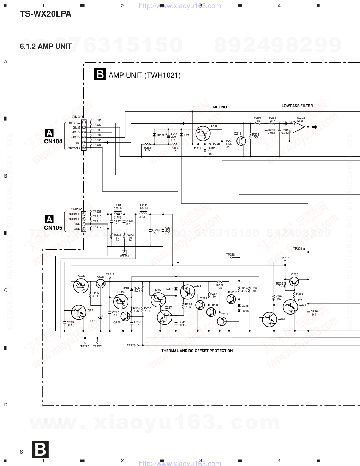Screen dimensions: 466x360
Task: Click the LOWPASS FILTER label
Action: [x=297, y=106]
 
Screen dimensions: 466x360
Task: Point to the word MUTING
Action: [x=220, y=107]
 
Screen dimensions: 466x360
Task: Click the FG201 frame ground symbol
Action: [x=124, y=252]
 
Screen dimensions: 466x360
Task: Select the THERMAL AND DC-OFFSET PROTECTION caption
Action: [x=197, y=351]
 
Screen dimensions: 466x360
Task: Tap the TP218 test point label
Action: [x=230, y=255]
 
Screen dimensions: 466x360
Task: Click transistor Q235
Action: [x=294, y=281]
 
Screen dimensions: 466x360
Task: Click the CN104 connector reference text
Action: [x=53, y=141]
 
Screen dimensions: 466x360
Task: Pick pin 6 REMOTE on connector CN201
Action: [x=84, y=148]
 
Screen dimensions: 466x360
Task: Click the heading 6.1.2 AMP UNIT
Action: [x=46, y=46]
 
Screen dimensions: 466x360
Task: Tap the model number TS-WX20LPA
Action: [x=46, y=14]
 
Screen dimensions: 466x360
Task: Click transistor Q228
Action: [x=187, y=292]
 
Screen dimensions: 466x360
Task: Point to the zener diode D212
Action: [x=100, y=318]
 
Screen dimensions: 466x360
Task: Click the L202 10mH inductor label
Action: [x=143, y=207]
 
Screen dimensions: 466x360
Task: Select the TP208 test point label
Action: [x=298, y=249]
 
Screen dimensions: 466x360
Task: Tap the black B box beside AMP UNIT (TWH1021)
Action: [x=100, y=74]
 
